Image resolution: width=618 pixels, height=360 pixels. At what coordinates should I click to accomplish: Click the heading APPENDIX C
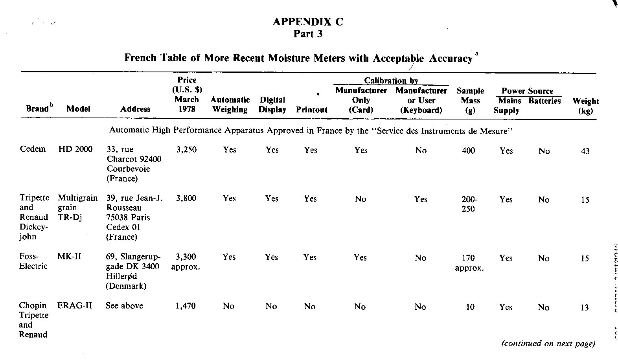(308, 22)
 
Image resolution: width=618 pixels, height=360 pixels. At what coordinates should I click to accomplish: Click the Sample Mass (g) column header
(470, 101)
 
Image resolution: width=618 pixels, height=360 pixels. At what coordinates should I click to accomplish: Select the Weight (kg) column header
(585, 106)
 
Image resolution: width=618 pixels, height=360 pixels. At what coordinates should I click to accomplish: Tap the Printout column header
(311, 110)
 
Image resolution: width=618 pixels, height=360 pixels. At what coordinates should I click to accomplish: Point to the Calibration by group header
(391, 81)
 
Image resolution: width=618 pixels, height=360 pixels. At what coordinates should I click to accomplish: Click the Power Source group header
(527, 91)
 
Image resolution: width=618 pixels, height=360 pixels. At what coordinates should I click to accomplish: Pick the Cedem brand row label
(33, 149)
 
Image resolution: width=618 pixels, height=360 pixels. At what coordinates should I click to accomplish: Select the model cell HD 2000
(75, 149)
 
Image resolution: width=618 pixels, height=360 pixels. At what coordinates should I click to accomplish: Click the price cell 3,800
(186, 198)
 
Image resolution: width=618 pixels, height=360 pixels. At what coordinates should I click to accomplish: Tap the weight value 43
(585, 151)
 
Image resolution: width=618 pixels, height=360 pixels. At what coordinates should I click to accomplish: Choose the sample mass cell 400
(468, 150)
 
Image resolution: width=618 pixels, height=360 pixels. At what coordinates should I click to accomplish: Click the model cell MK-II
(69, 257)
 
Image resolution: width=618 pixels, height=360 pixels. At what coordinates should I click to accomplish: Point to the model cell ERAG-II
(75, 306)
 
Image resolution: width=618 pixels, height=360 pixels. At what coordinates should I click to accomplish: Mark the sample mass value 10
(470, 307)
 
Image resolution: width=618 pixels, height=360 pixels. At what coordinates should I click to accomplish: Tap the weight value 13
(585, 307)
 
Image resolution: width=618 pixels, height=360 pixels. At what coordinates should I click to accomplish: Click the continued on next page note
(548, 344)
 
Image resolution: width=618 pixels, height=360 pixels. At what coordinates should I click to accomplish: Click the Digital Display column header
(272, 105)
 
